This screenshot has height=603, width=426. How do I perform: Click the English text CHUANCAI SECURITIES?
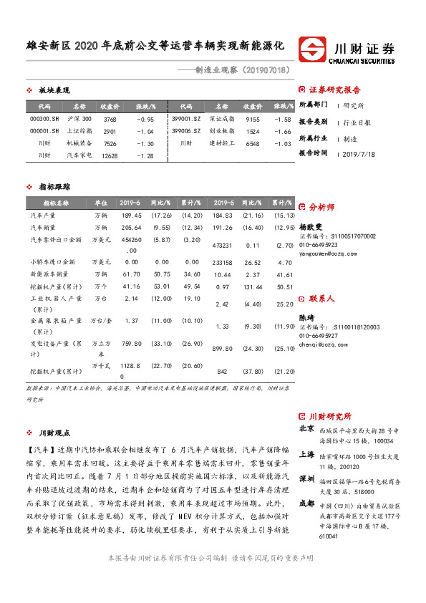pyautogui.click(x=364, y=62)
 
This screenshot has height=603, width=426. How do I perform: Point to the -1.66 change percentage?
pyautogui.click(x=283, y=131)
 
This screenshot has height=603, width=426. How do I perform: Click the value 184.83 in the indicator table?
pyautogui.click(x=223, y=215)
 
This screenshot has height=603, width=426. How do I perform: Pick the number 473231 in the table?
pyautogui.click(x=223, y=245)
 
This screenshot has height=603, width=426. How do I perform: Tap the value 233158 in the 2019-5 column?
pyautogui.click(x=224, y=262)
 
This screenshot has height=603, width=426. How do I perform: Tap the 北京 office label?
pyautogui.click(x=306, y=428)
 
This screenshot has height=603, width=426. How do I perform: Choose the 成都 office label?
pyautogui.click(x=306, y=503)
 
